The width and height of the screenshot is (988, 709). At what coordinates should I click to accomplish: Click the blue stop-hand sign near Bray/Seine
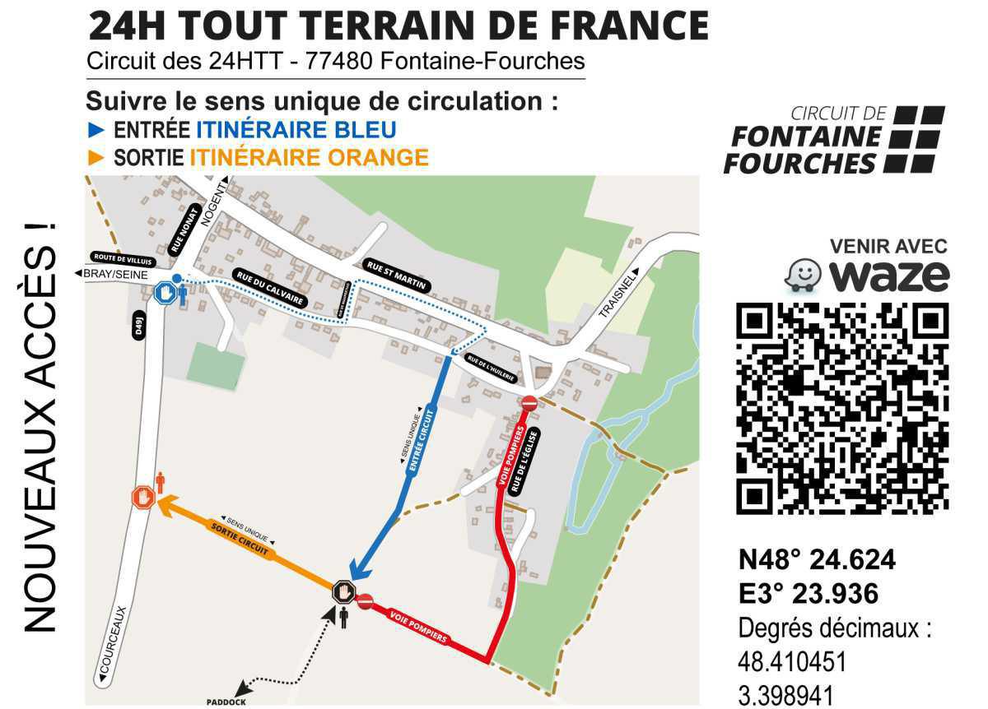coord(165,292)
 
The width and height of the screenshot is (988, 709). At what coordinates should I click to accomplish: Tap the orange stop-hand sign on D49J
coord(143,497)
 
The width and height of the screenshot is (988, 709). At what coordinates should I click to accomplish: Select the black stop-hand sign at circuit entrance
coord(343,591)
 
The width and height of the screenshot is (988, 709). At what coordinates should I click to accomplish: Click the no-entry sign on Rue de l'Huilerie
coord(529,403)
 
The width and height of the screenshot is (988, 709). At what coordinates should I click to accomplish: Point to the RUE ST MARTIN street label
coord(397,274)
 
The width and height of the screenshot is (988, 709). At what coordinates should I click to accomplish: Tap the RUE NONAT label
coord(184,229)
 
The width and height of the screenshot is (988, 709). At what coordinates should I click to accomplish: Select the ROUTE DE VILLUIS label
coord(124,257)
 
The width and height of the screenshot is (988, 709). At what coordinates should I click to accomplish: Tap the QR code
coord(842,407)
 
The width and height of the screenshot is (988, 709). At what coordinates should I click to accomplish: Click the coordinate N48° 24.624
coord(817,559)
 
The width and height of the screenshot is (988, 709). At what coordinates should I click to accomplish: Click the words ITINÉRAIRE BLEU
coord(296,129)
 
